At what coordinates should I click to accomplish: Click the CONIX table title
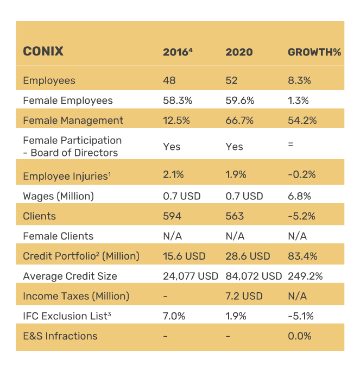click(43, 52)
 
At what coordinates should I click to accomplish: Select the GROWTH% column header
click(314, 52)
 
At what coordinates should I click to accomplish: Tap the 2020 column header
click(239, 52)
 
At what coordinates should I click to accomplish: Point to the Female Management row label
click(73, 121)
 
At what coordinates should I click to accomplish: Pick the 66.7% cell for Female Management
click(239, 121)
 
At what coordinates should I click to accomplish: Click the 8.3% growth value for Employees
click(299, 81)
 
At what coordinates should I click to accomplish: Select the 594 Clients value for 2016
click(172, 216)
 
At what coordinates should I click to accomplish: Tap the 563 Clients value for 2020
click(235, 216)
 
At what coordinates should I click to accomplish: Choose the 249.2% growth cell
click(305, 276)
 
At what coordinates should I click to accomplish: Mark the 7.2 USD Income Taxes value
click(244, 297)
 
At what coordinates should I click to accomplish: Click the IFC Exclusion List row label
click(67, 316)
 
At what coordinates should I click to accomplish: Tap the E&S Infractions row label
click(60, 336)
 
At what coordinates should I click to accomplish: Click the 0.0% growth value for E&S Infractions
click(299, 336)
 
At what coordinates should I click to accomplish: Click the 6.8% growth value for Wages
click(299, 196)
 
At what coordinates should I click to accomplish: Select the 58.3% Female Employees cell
click(176, 100)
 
